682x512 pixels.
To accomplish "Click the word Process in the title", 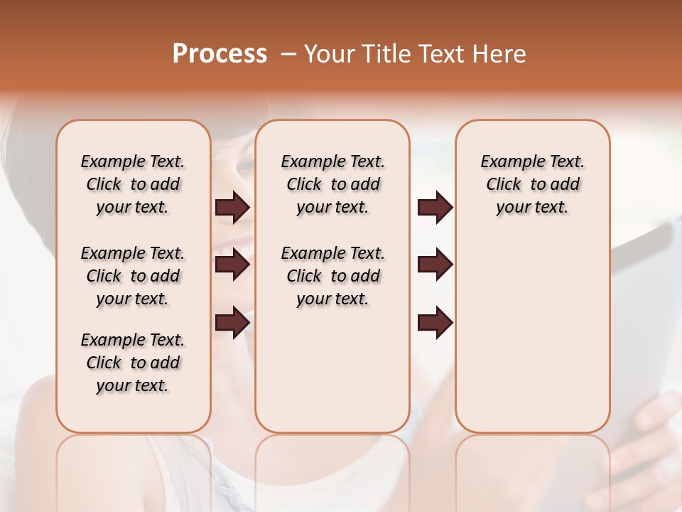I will tap(220, 53).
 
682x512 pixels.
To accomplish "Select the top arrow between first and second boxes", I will tap(232, 207).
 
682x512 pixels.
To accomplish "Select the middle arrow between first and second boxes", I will tap(232, 265).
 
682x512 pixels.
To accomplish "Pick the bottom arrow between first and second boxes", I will tap(232, 323).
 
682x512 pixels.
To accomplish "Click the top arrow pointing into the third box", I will tap(435, 207).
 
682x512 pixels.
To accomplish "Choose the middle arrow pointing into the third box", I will tap(435, 265).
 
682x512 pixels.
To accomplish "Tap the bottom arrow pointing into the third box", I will tap(435, 323).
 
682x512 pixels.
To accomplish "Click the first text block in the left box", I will tap(133, 184).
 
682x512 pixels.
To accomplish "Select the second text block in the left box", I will tap(133, 276).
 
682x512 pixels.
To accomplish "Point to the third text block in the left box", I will tap(133, 363).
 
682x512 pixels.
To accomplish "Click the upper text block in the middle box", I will tap(332, 184).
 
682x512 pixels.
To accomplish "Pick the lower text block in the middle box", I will tap(332, 276).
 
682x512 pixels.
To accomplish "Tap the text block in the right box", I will tap(532, 184).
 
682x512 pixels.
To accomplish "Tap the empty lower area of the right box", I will tap(532, 341).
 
